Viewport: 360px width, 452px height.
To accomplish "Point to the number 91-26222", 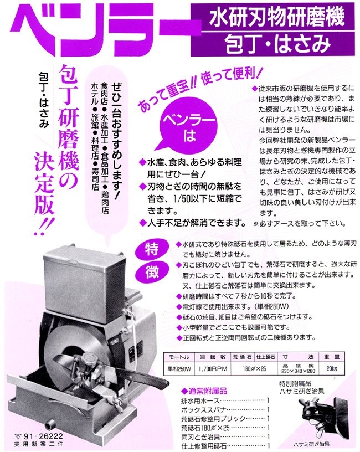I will [34, 436].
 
